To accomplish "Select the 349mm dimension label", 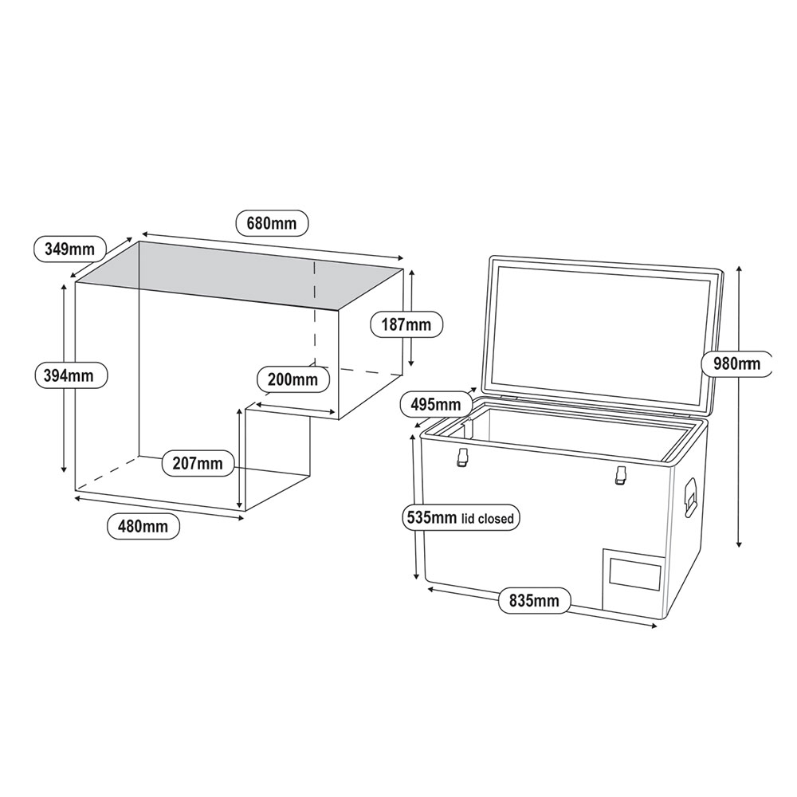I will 69,249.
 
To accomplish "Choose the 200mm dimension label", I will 292,379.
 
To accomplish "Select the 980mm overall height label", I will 737,363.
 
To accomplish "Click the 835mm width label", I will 534,601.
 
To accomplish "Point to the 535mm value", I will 431,518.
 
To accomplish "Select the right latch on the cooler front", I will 619,475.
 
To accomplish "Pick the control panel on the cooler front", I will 634,576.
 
